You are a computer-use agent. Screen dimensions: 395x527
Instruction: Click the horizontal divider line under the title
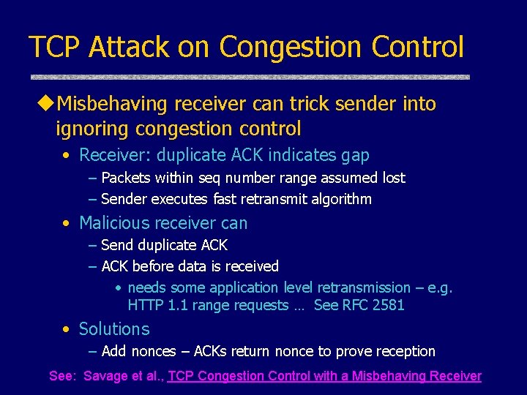point(249,77)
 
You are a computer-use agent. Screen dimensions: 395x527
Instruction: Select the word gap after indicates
point(355,155)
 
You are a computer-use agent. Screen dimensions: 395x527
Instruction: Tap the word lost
point(392,178)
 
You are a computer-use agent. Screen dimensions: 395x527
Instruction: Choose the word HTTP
point(144,305)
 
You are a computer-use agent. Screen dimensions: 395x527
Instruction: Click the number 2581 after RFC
point(387,305)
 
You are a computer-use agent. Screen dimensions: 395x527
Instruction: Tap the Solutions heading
point(114,329)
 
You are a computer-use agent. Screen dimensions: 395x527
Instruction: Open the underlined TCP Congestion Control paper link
point(324,376)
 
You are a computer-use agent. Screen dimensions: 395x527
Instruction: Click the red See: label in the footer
point(62,376)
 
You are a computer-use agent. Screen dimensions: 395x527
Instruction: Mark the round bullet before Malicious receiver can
point(67,223)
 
